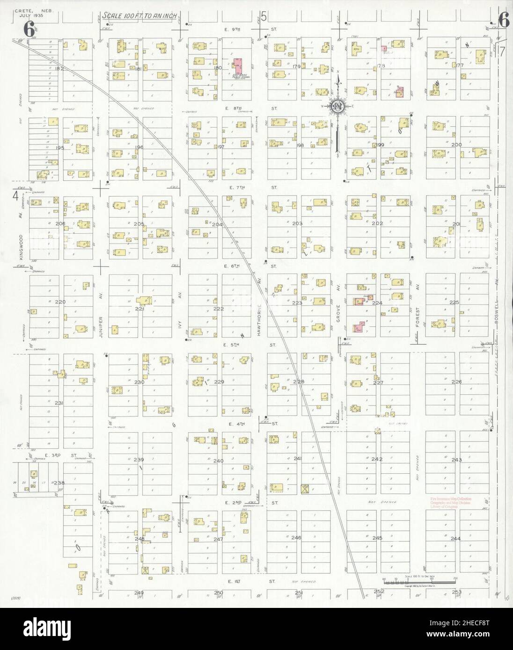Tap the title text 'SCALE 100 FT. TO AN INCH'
(x=139, y=16)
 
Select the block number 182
(x=59, y=68)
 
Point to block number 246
(x=296, y=538)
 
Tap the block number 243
(x=456, y=460)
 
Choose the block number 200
(x=456, y=145)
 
